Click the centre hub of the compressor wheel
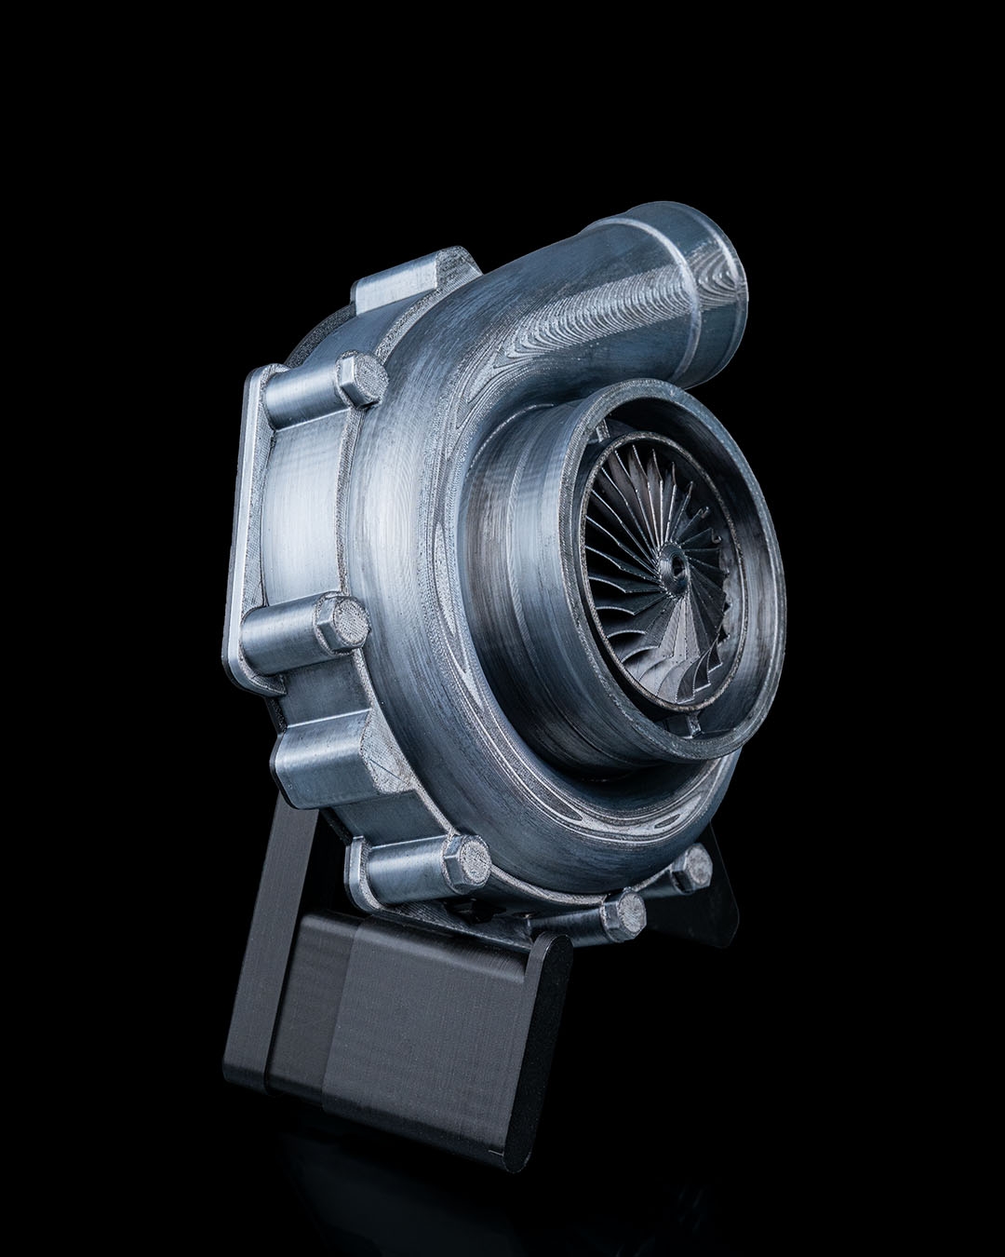(672, 566)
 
